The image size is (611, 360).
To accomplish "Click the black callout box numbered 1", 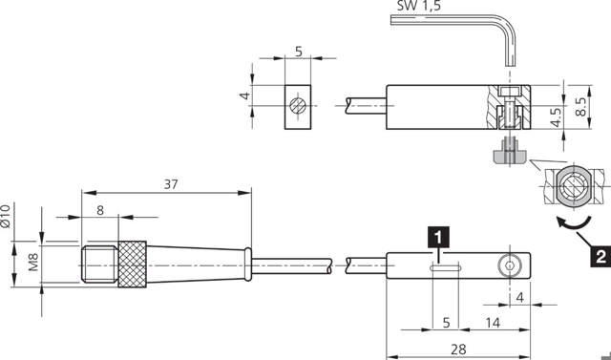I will pyautogui.click(x=436, y=234).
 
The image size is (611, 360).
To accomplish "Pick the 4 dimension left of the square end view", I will pyautogui.click(x=244, y=97).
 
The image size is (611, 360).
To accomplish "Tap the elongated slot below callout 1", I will pyautogui.click(x=445, y=268).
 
